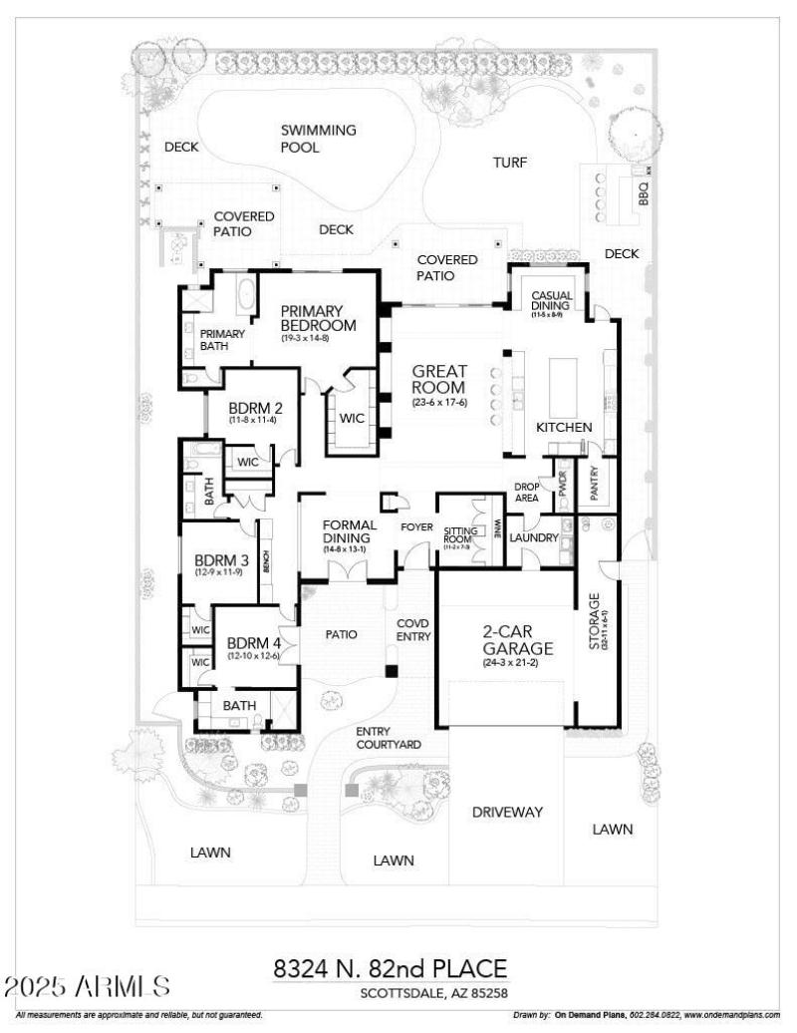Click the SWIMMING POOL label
click(x=317, y=139)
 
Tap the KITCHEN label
click(x=565, y=427)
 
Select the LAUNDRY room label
click(x=532, y=537)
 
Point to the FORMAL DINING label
click(x=349, y=531)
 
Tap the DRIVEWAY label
click(x=507, y=812)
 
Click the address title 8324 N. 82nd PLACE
click(x=390, y=968)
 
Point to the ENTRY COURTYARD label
click(x=388, y=738)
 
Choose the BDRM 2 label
click(x=255, y=408)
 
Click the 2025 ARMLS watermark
click(x=88, y=987)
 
